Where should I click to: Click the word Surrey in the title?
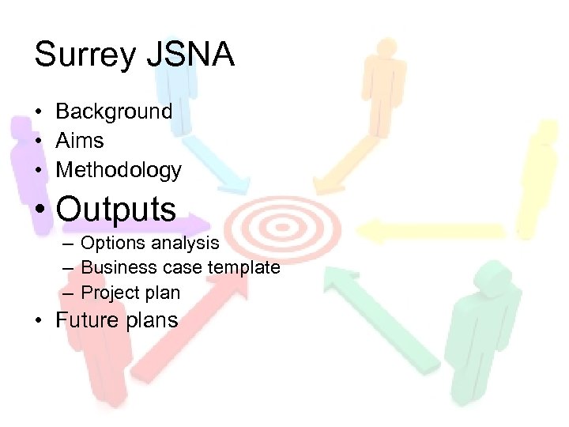(x=85, y=56)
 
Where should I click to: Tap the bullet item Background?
(x=114, y=111)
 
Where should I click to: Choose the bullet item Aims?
(x=80, y=141)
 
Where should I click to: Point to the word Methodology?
(x=119, y=170)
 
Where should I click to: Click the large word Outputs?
(x=117, y=210)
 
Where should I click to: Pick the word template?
(x=243, y=267)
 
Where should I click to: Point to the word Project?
(x=110, y=293)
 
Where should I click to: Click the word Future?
(x=85, y=320)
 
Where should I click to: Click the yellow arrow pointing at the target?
(x=431, y=231)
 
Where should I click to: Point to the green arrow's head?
(x=337, y=279)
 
